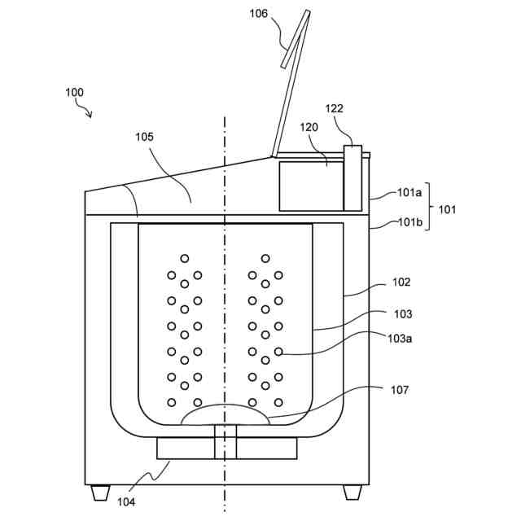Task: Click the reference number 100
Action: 74,93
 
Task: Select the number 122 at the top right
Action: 335,108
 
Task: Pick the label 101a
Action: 409,194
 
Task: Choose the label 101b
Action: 409,221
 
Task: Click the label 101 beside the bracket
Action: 448,208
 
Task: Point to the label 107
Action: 400,391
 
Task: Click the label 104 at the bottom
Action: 125,502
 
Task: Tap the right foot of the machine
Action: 352,492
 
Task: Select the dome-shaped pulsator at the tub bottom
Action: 225,415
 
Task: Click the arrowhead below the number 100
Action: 90,116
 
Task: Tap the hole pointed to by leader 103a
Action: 278,352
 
